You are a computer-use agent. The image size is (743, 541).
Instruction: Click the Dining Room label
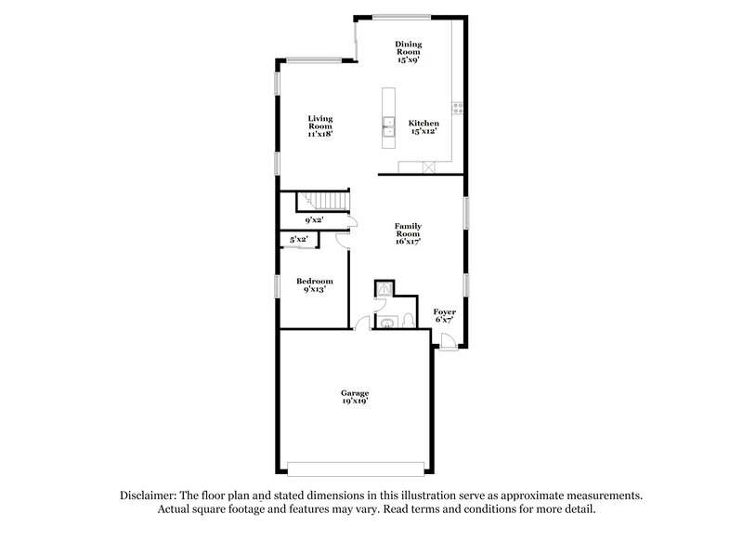click(x=409, y=47)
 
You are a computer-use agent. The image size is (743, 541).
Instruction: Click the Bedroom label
click(x=314, y=284)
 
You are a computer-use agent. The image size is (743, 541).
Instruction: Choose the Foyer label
click(x=445, y=316)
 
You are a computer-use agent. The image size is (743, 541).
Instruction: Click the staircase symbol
click(x=320, y=202)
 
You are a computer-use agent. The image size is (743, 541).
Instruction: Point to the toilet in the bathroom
click(x=407, y=322)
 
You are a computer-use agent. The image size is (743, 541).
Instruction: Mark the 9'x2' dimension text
click(x=314, y=220)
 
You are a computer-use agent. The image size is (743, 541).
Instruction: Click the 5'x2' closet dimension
click(x=299, y=240)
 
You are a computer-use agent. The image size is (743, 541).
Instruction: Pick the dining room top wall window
click(x=401, y=16)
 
